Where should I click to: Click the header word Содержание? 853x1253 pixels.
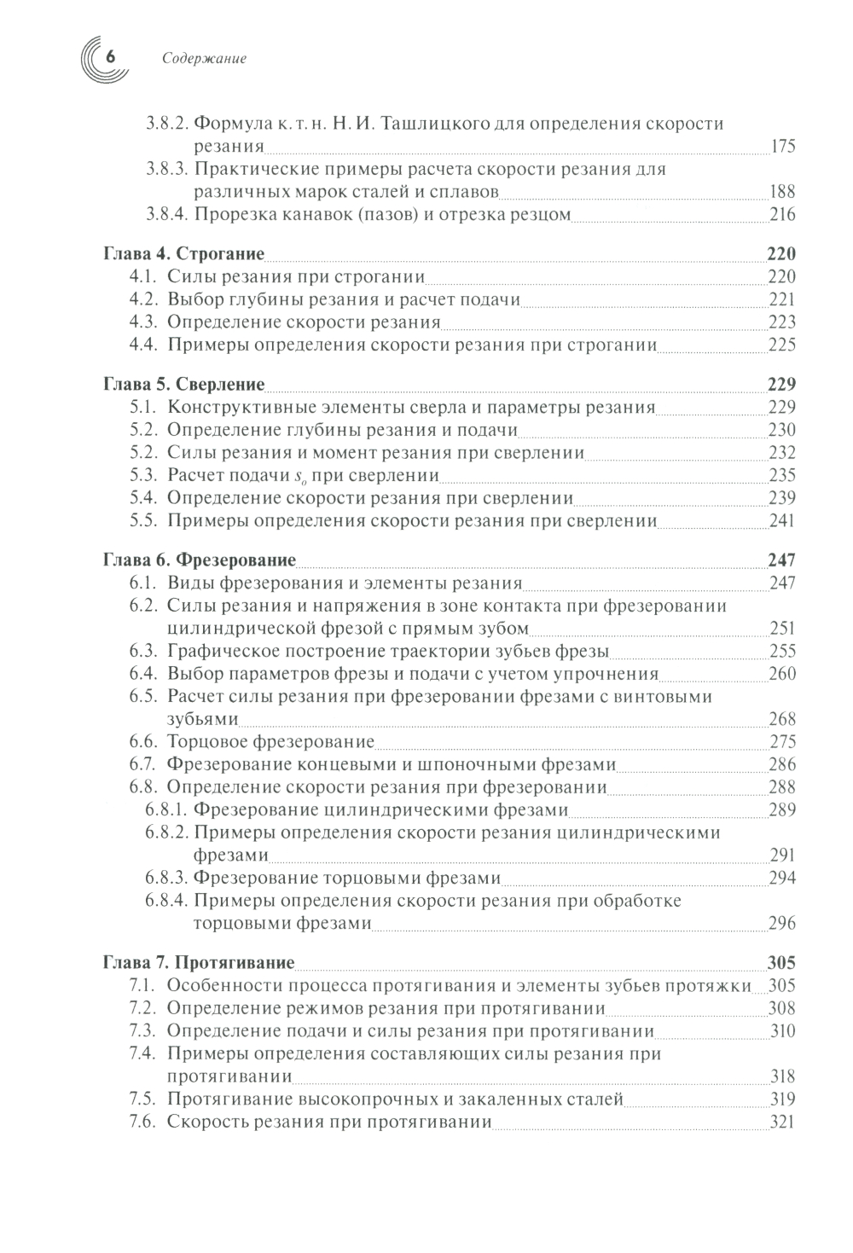click(203, 59)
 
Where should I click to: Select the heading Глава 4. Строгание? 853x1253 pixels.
click(183, 254)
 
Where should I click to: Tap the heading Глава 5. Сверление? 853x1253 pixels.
click(183, 385)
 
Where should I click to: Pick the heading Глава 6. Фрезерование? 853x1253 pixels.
click(199, 560)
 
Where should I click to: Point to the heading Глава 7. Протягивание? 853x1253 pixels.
click(198, 963)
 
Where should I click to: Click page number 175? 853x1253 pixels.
click(782, 147)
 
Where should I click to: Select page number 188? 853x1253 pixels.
click(782, 192)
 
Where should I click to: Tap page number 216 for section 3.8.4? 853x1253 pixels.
click(782, 215)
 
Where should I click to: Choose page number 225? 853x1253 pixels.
click(782, 345)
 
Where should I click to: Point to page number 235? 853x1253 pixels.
click(782, 476)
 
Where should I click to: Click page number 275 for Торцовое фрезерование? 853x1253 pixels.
click(782, 742)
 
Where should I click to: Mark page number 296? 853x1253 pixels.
click(782, 924)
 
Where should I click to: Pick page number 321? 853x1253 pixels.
click(782, 1122)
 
